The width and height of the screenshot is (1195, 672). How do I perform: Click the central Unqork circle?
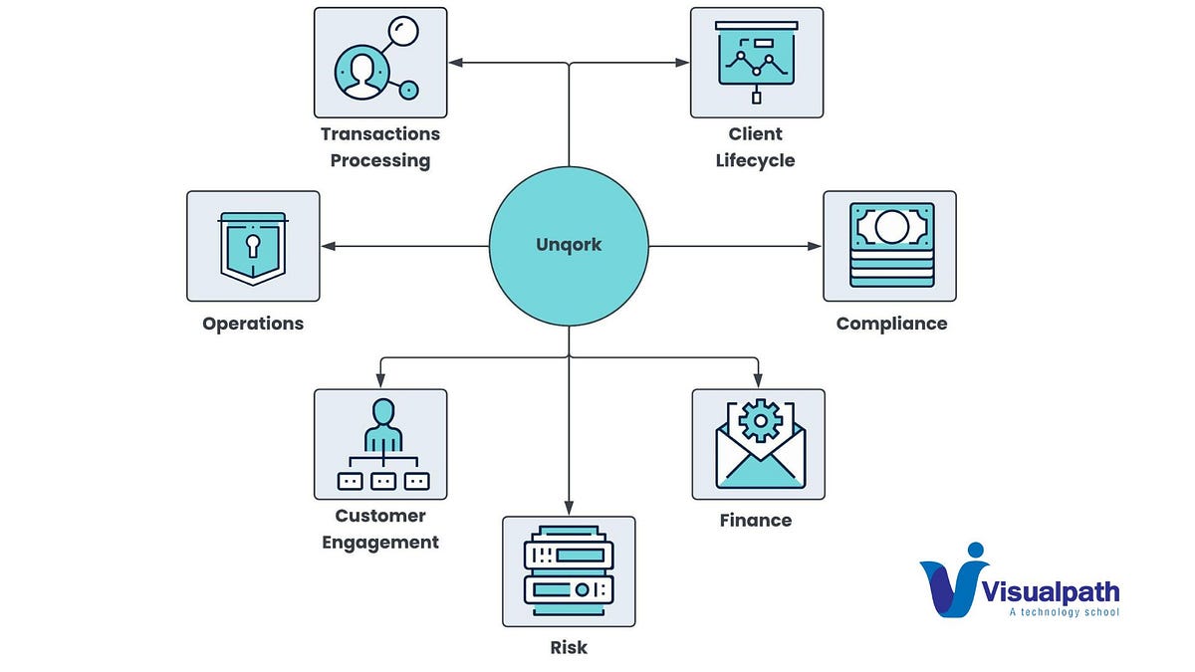569,245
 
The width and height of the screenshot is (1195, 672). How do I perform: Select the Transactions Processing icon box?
380,63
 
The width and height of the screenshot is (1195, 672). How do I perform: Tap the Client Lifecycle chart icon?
757,63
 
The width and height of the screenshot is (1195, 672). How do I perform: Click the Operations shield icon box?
253,246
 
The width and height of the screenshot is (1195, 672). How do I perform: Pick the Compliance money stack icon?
890,246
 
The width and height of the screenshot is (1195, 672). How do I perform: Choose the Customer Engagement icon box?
380,444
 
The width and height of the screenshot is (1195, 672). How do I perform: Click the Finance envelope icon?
759,444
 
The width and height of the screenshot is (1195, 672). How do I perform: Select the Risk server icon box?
569,571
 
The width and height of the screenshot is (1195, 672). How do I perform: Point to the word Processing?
380,160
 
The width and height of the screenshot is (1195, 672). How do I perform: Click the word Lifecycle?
756,160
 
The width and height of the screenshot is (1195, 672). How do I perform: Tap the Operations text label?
253,324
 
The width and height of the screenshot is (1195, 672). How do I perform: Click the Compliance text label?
891,324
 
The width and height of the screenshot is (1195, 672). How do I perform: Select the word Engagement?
380,543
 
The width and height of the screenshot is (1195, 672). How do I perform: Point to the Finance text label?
756,521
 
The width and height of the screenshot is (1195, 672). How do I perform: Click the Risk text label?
569,648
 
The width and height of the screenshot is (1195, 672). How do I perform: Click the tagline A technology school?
1064,611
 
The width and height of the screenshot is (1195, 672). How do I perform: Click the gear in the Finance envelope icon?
761,420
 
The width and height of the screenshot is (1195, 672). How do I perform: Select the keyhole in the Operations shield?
253,244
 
